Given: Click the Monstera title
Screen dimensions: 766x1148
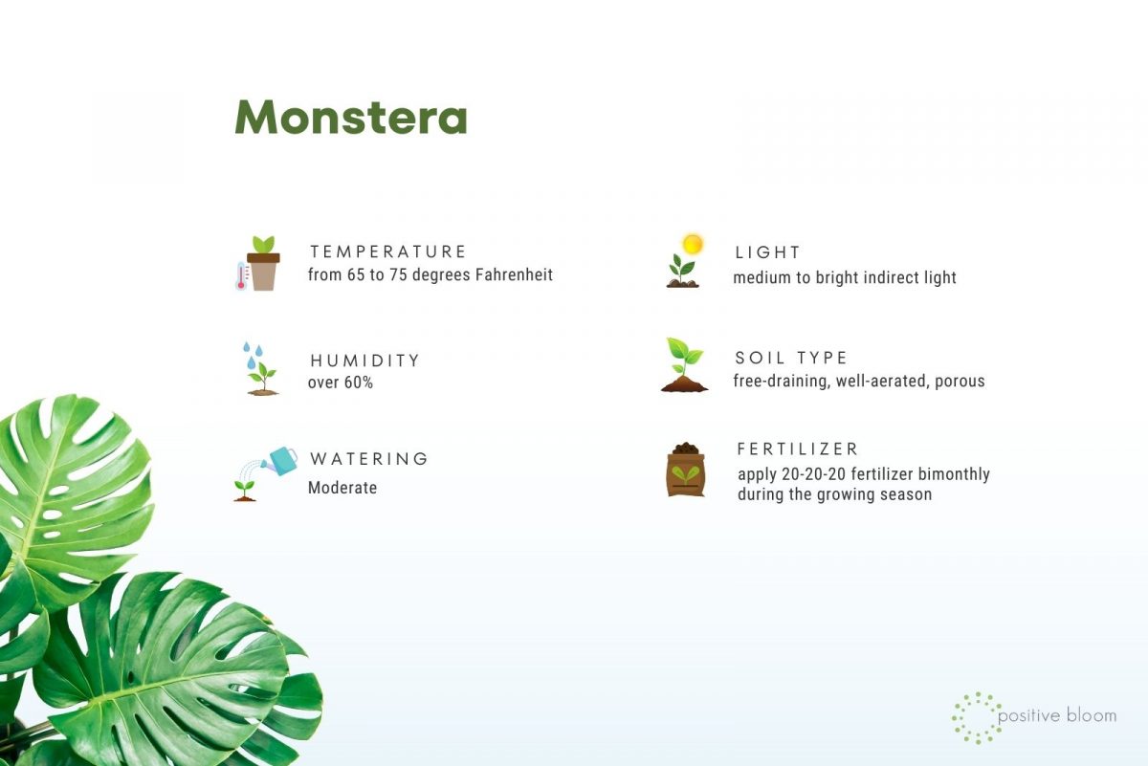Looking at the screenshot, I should (351, 118).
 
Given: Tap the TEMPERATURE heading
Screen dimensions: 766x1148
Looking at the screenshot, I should (387, 252).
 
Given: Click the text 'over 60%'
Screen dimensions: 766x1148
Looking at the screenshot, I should (340, 383).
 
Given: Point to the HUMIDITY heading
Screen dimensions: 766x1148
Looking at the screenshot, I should (364, 361).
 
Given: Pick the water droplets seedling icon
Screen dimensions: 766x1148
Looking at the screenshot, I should (259, 369).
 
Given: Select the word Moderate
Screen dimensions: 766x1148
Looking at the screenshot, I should (342, 488).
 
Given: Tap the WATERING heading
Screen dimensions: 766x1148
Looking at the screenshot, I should (369, 459).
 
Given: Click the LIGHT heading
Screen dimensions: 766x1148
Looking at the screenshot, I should (767, 252).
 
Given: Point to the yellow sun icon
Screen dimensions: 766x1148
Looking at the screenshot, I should (692, 245).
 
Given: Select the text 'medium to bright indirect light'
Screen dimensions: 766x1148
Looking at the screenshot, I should (845, 278).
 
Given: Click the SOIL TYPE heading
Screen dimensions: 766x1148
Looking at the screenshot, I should (791, 358).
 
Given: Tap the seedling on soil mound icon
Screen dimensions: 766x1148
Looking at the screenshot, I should (684, 365).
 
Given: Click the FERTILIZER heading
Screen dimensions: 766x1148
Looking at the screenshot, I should (798, 449).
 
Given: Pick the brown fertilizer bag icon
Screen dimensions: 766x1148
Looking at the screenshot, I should (685, 470).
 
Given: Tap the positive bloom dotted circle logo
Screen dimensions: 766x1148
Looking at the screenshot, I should (977, 717).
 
